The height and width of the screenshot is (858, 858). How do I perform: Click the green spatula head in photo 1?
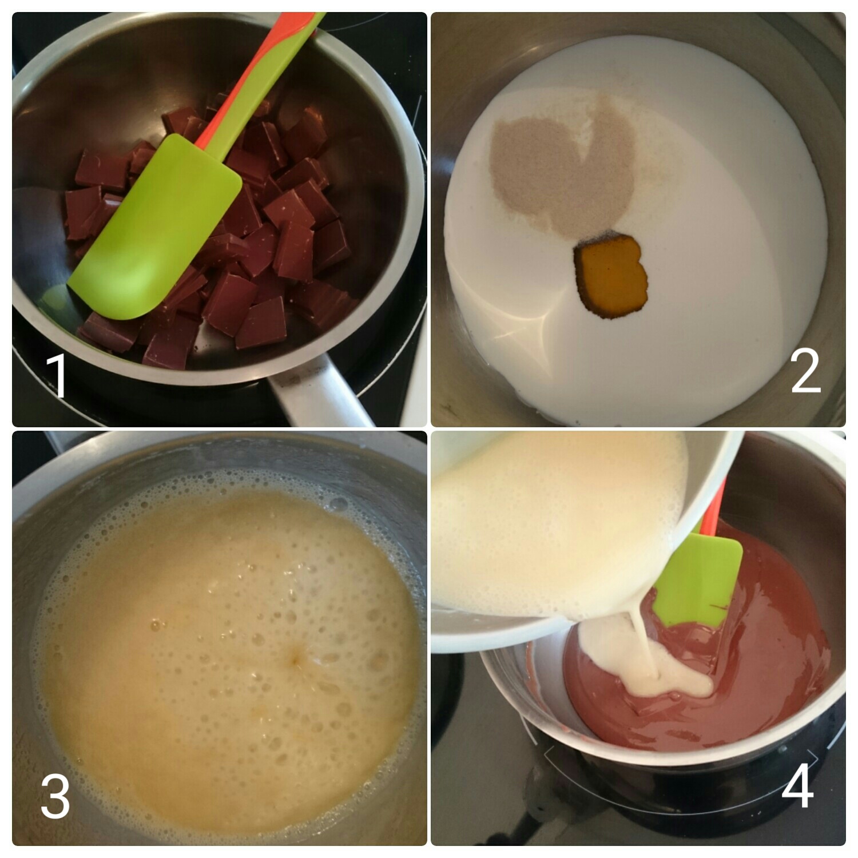[x=154, y=229]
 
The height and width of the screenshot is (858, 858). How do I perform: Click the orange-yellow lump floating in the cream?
[x=612, y=275]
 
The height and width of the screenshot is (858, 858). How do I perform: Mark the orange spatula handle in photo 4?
[x=712, y=512]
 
